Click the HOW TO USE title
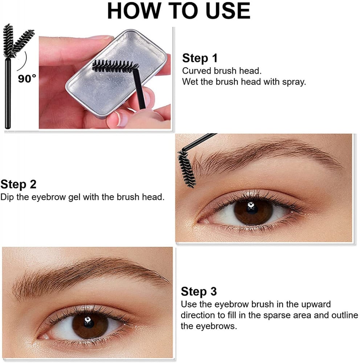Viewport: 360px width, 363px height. [x=179, y=11]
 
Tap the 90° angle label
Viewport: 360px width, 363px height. [x=27, y=79]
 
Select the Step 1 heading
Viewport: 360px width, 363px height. [x=200, y=58]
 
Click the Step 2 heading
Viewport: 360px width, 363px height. [x=18, y=184]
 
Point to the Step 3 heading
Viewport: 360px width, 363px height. [x=199, y=291]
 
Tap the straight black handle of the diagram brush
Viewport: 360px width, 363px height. [x=8, y=93]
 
